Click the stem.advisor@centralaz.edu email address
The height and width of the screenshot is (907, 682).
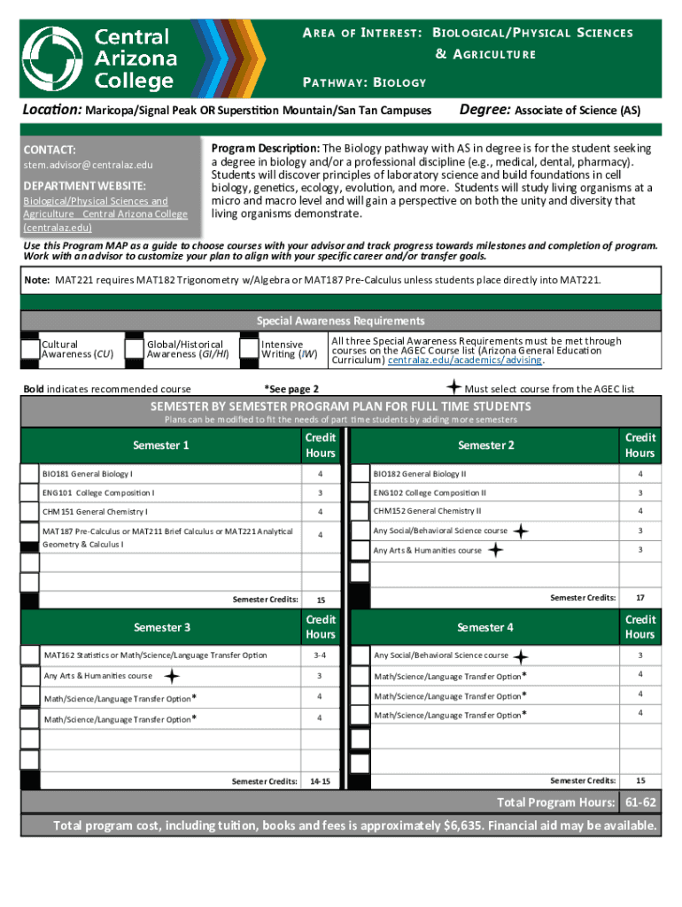(88, 165)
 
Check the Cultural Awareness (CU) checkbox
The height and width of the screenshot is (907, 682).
(30, 350)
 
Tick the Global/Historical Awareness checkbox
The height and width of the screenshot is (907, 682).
(135, 350)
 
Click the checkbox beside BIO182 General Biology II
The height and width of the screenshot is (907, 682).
(360, 474)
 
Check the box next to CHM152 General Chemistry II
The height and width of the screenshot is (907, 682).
(360, 512)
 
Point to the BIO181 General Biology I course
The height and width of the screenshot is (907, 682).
(88, 474)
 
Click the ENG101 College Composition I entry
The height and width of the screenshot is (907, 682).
(98, 492)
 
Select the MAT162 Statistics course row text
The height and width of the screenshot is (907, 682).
(155, 655)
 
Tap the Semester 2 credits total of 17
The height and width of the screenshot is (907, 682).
(639, 598)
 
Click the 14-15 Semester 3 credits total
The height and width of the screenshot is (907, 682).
(320, 781)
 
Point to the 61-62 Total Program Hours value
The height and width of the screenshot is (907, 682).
(639, 802)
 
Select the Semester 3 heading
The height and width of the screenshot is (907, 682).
(161, 627)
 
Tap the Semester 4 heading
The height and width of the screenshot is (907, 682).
(484, 627)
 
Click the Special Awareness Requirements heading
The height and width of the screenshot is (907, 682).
(340, 321)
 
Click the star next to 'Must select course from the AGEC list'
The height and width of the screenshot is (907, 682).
(453, 387)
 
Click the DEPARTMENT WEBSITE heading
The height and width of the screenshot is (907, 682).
(84, 185)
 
